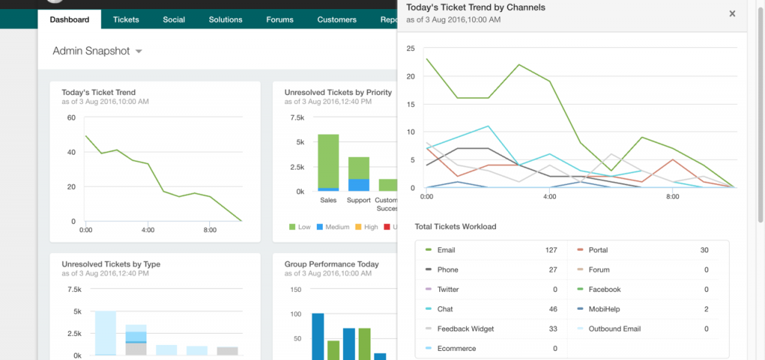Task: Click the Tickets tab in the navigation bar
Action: pos(126,19)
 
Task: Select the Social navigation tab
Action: pos(174,19)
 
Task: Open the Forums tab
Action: pos(279,19)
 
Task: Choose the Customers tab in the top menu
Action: pos(336,19)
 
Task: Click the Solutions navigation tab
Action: pos(225,19)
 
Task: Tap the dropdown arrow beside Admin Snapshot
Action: pos(139,52)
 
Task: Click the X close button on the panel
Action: pos(732,13)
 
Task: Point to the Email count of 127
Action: pos(551,250)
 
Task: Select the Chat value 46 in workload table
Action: pos(553,308)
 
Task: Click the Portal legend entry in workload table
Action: pos(598,250)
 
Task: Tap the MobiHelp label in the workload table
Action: pos(604,308)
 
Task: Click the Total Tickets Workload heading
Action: pos(455,226)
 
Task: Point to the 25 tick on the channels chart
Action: pos(410,49)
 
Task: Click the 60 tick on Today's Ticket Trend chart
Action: pos(71,118)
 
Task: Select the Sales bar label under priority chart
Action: pos(328,201)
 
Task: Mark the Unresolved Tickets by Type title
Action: pos(111,264)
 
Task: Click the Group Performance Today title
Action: pos(331,264)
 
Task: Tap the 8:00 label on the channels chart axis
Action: pos(672,197)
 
